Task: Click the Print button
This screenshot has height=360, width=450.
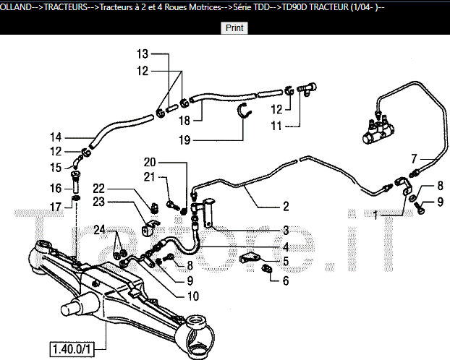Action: (234, 28)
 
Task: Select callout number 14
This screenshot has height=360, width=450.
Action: (56, 137)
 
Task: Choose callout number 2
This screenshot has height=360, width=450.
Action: (286, 206)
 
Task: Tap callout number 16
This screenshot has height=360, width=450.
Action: (56, 188)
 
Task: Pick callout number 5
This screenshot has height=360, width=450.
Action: (286, 261)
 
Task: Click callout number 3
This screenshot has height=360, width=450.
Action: (286, 230)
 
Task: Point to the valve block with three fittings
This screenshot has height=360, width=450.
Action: (379, 129)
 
